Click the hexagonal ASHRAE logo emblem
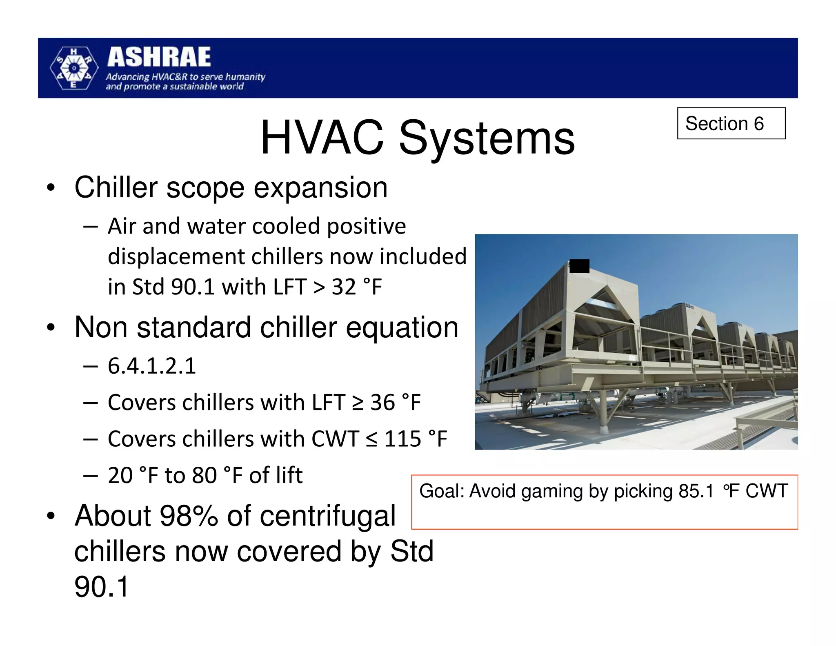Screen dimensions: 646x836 [x=74, y=68]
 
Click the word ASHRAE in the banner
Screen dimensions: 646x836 [x=159, y=57]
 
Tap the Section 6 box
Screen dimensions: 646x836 [x=731, y=123]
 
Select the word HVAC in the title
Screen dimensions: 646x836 [x=322, y=138]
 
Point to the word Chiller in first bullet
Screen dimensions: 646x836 [x=116, y=188]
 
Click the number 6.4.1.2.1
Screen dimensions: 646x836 [x=152, y=366]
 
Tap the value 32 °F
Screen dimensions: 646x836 [x=357, y=287]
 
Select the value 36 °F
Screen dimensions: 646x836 [x=395, y=403]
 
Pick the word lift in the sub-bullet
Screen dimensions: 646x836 [x=288, y=475]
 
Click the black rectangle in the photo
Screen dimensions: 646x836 [x=579, y=266]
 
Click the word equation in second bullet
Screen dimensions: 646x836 [x=402, y=327]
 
